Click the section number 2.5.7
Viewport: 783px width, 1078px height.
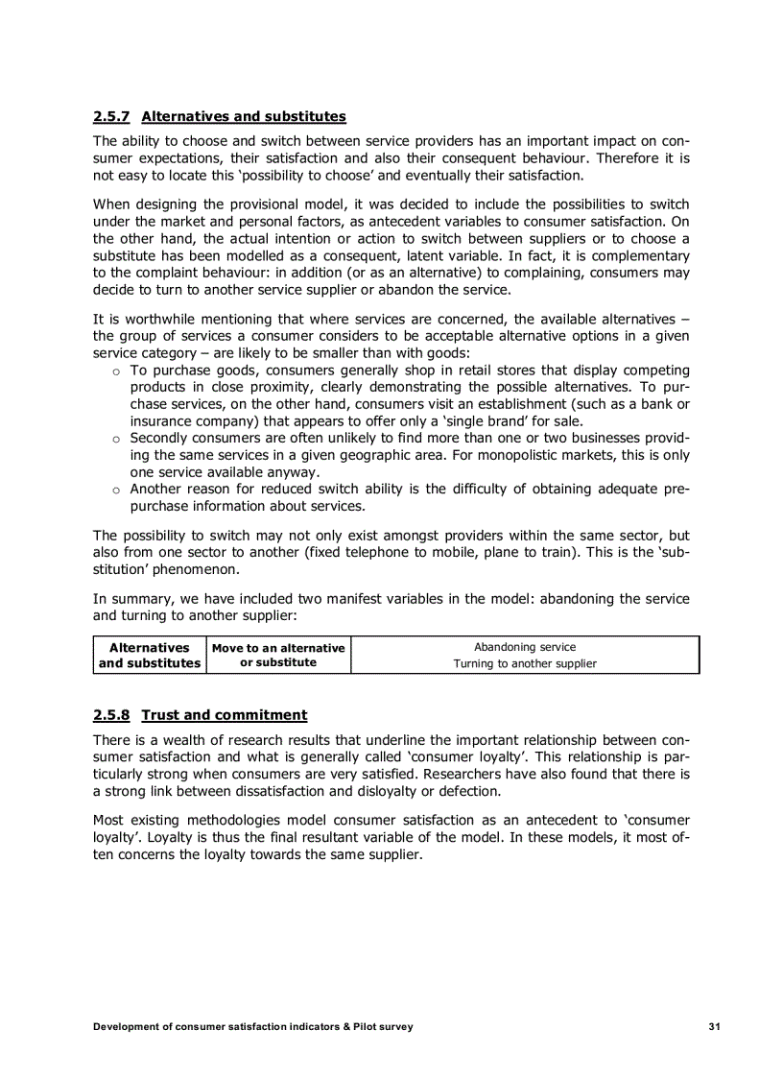(x=111, y=117)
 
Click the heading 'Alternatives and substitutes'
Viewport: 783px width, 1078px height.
(x=243, y=117)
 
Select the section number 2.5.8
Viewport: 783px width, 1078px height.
(x=111, y=715)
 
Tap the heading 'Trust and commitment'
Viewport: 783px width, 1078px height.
(x=224, y=715)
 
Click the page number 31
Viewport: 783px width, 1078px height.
(x=714, y=1027)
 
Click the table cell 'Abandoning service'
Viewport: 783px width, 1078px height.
(x=525, y=647)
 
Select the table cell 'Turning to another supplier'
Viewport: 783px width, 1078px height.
(x=525, y=663)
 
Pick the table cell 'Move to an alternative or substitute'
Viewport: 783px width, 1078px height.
(x=278, y=655)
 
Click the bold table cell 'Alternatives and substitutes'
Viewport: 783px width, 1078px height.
(x=150, y=655)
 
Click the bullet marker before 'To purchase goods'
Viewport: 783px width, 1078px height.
(x=115, y=371)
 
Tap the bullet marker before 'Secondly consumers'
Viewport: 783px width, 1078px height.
(x=115, y=439)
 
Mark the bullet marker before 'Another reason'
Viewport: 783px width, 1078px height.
(x=115, y=490)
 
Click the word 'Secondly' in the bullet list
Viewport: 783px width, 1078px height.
(x=159, y=438)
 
